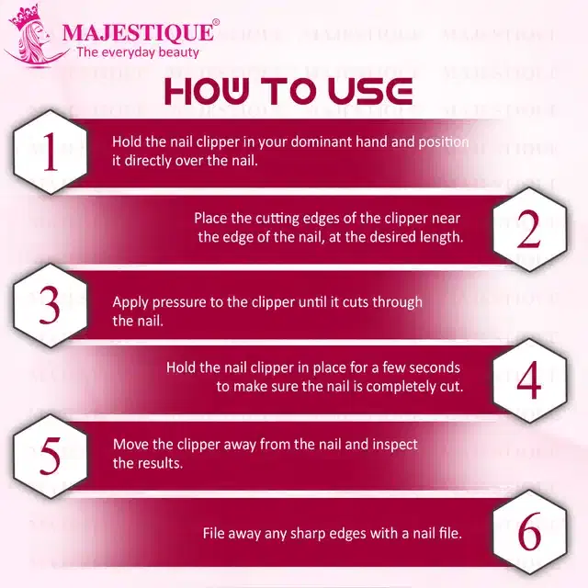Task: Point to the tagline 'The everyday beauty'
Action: [x=137, y=52]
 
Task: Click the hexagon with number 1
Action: [x=50, y=153]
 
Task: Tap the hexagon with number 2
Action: [x=529, y=232]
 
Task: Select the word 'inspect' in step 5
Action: [x=396, y=445]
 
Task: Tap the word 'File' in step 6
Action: [x=214, y=533]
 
